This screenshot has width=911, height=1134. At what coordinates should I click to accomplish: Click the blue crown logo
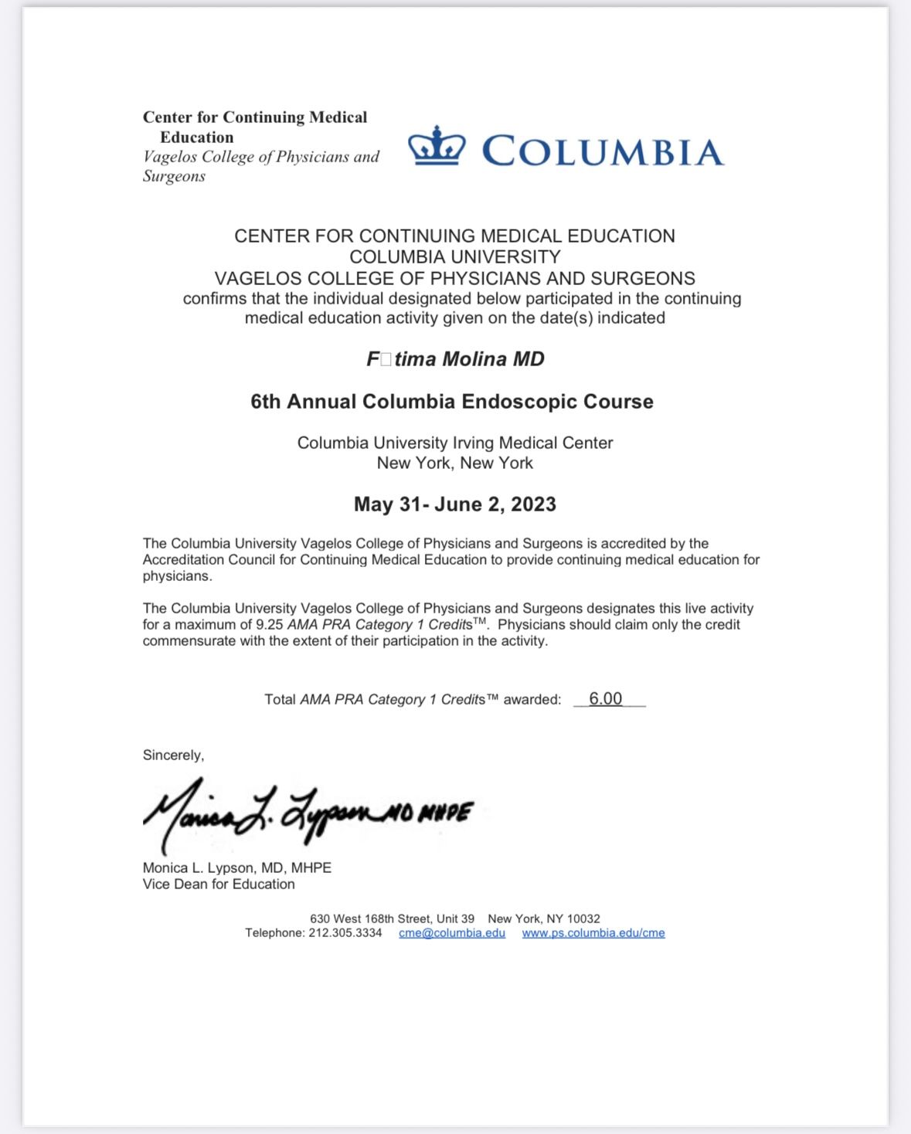[437, 146]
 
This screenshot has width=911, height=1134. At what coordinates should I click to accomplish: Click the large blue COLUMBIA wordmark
[603, 151]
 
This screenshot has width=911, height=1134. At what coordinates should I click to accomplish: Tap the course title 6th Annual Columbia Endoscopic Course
[452, 402]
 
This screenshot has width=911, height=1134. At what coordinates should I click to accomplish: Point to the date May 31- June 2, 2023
[455, 504]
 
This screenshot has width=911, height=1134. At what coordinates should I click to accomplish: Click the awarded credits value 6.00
[605, 699]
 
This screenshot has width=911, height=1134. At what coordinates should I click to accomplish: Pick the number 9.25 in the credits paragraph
[270, 625]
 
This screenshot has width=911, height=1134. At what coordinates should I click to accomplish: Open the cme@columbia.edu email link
[452, 933]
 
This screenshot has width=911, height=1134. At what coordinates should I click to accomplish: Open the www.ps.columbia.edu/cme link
[593, 933]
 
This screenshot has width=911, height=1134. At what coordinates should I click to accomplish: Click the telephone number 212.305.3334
[345, 933]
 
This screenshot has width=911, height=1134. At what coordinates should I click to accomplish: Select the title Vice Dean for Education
[219, 884]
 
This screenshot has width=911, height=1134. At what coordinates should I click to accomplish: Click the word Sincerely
[173, 755]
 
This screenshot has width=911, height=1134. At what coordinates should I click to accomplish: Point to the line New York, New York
[455, 463]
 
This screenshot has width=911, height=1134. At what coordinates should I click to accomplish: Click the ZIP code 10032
[583, 919]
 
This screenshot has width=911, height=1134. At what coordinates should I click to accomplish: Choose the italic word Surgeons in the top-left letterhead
[174, 177]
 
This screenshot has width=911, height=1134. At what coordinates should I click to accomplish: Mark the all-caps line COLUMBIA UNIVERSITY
[455, 257]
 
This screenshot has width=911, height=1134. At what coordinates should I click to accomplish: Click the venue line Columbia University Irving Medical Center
[455, 443]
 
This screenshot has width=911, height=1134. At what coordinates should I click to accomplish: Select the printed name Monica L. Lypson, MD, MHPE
[237, 868]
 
